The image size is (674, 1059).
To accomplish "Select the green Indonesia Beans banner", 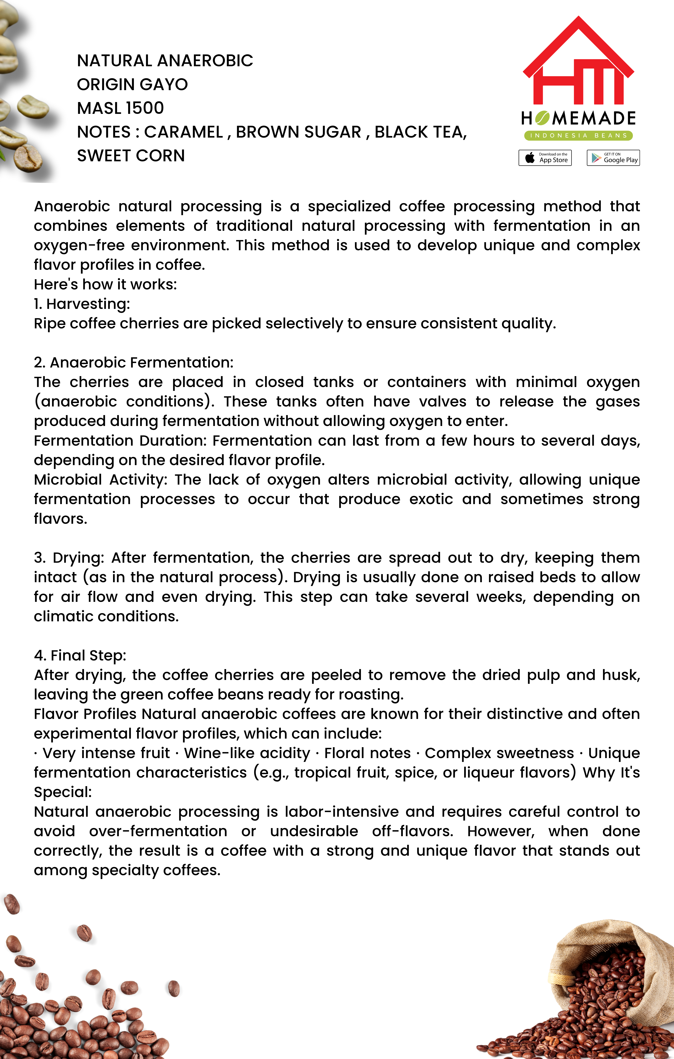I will pyautogui.click(x=578, y=135).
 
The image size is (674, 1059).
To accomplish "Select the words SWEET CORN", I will pyautogui.click(x=131, y=156).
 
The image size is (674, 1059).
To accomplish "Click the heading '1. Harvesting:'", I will pyautogui.click(x=82, y=304).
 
